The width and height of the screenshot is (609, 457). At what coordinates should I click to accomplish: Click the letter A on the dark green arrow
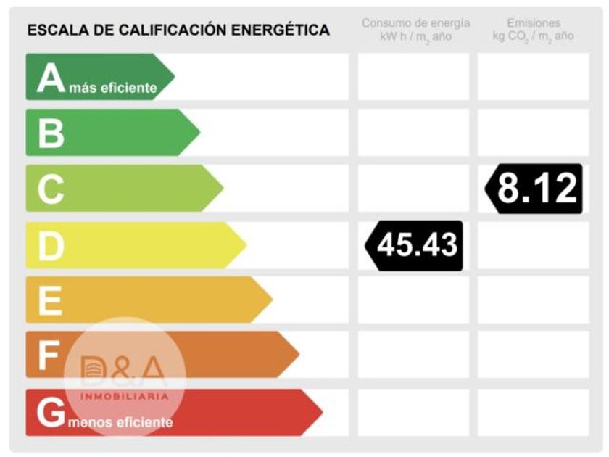coord(51,78)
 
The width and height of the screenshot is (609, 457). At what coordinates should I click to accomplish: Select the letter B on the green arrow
coord(51,133)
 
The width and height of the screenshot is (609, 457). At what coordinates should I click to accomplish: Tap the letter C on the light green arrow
coord(51,189)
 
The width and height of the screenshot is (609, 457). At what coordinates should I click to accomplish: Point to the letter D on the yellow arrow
coord(51,246)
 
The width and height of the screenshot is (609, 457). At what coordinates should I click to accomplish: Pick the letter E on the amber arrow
coord(50,300)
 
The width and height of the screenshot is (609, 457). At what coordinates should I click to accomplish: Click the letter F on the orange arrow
coord(49,355)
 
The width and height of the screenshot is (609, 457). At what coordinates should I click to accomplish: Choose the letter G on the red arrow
coord(51,412)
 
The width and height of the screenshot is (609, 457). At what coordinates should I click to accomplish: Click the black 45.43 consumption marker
coord(414,246)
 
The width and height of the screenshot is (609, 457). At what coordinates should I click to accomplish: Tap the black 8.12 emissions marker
coord(534,189)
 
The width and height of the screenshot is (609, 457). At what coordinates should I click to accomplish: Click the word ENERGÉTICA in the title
coord(280,30)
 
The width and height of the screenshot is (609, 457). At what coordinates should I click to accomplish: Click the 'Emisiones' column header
coord(534,23)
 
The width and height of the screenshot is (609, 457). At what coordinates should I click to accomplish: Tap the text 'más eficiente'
coord(113,88)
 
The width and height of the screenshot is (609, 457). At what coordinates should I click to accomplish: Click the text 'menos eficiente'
coord(120,422)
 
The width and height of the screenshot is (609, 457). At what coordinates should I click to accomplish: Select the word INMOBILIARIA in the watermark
coord(125,397)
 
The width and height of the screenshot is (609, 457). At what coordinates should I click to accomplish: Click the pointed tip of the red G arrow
coord(323,412)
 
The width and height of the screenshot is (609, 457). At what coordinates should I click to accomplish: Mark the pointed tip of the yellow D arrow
coord(246,245)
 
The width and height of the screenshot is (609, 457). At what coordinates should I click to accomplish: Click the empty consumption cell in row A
coord(414,77)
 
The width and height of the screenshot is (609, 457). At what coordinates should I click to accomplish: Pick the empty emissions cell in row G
coord(534,412)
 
